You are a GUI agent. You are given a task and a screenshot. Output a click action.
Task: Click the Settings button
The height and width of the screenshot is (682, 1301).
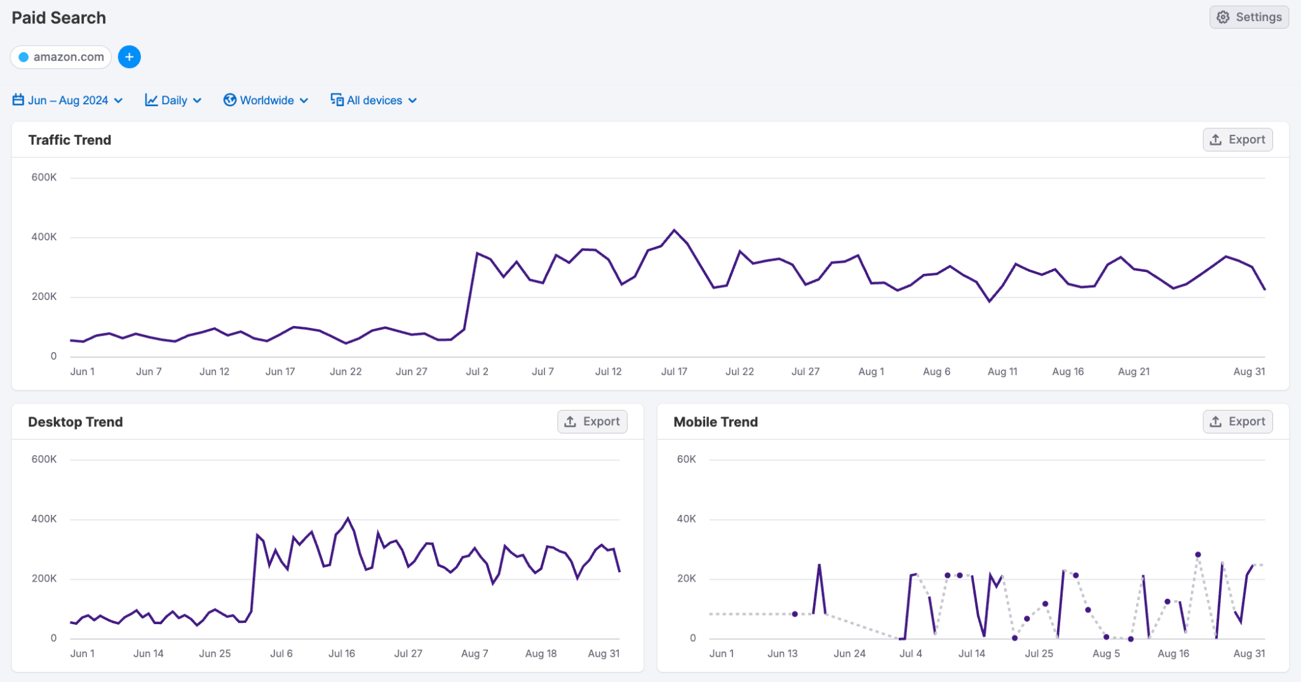tap(1249, 17)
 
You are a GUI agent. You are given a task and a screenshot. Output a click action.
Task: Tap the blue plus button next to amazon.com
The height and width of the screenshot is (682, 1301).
tap(129, 57)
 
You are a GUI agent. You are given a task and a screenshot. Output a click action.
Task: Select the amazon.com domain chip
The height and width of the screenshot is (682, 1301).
tap(61, 57)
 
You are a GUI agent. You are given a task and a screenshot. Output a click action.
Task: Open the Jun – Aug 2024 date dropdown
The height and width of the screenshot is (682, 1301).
tap(67, 100)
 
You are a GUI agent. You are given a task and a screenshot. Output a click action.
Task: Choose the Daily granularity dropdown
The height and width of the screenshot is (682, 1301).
tap(173, 100)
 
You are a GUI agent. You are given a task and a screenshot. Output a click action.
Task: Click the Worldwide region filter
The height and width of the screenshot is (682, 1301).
tap(266, 100)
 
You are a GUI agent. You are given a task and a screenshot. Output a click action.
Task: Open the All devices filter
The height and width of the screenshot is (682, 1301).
tap(374, 100)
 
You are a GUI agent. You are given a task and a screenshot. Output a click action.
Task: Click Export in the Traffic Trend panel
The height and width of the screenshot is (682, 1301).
tap(1237, 140)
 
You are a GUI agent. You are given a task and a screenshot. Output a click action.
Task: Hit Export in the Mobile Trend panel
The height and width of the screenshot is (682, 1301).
tap(1237, 421)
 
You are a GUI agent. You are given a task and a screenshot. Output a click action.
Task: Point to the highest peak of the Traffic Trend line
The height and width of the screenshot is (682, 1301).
tap(674, 230)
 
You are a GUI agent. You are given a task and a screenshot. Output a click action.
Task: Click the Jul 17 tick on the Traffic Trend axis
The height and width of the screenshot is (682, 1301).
tap(674, 372)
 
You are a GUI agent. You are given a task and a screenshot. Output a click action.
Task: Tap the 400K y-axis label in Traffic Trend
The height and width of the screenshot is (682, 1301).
tap(44, 237)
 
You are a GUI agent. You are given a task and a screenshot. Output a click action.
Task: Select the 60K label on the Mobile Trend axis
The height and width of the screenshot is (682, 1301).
tap(686, 459)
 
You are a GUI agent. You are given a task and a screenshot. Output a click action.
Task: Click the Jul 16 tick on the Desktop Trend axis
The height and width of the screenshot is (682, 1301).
tap(342, 653)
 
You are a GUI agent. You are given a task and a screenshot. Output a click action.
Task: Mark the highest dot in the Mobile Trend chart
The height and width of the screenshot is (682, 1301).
tap(1198, 555)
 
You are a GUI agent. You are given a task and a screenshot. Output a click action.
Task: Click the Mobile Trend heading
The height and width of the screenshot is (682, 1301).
tap(715, 422)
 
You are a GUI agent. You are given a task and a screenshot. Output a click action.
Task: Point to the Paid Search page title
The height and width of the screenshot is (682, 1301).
tap(59, 18)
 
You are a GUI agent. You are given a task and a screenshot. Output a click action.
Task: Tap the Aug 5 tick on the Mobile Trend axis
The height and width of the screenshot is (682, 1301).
tap(1106, 653)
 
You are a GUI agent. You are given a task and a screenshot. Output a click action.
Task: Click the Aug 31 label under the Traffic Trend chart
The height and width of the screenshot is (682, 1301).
tap(1249, 372)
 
